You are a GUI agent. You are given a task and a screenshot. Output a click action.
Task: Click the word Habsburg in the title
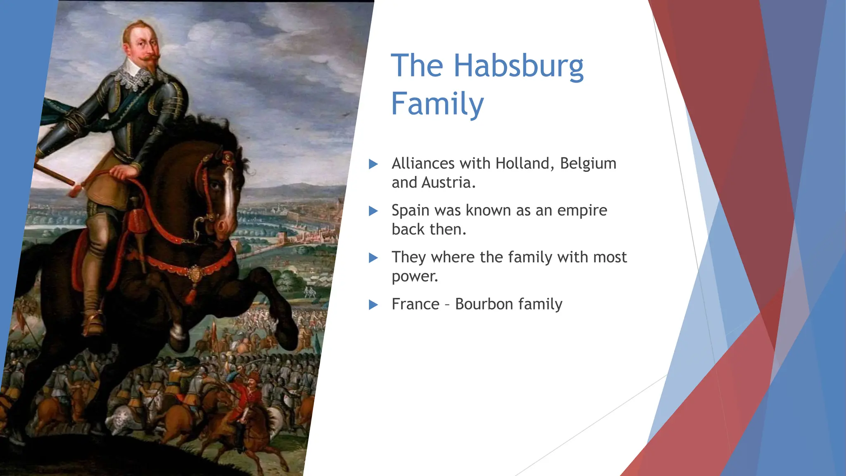(x=518, y=66)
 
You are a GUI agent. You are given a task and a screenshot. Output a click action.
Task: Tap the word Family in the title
(x=437, y=103)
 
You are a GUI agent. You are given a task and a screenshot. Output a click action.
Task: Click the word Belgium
(x=588, y=164)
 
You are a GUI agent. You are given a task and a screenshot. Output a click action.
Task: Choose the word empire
(x=582, y=211)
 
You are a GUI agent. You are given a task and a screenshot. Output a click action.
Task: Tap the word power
(x=414, y=276)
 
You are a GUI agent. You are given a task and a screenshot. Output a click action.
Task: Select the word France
(x=415, y=305)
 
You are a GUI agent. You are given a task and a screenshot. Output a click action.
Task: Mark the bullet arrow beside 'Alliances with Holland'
(x=373, y=164)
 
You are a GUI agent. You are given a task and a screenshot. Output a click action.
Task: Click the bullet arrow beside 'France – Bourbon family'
(x=373, y=305)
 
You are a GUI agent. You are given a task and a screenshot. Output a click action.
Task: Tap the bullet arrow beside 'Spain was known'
(x=373, y=211)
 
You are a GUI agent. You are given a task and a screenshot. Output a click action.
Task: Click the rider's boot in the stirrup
(x=94, y=322)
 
